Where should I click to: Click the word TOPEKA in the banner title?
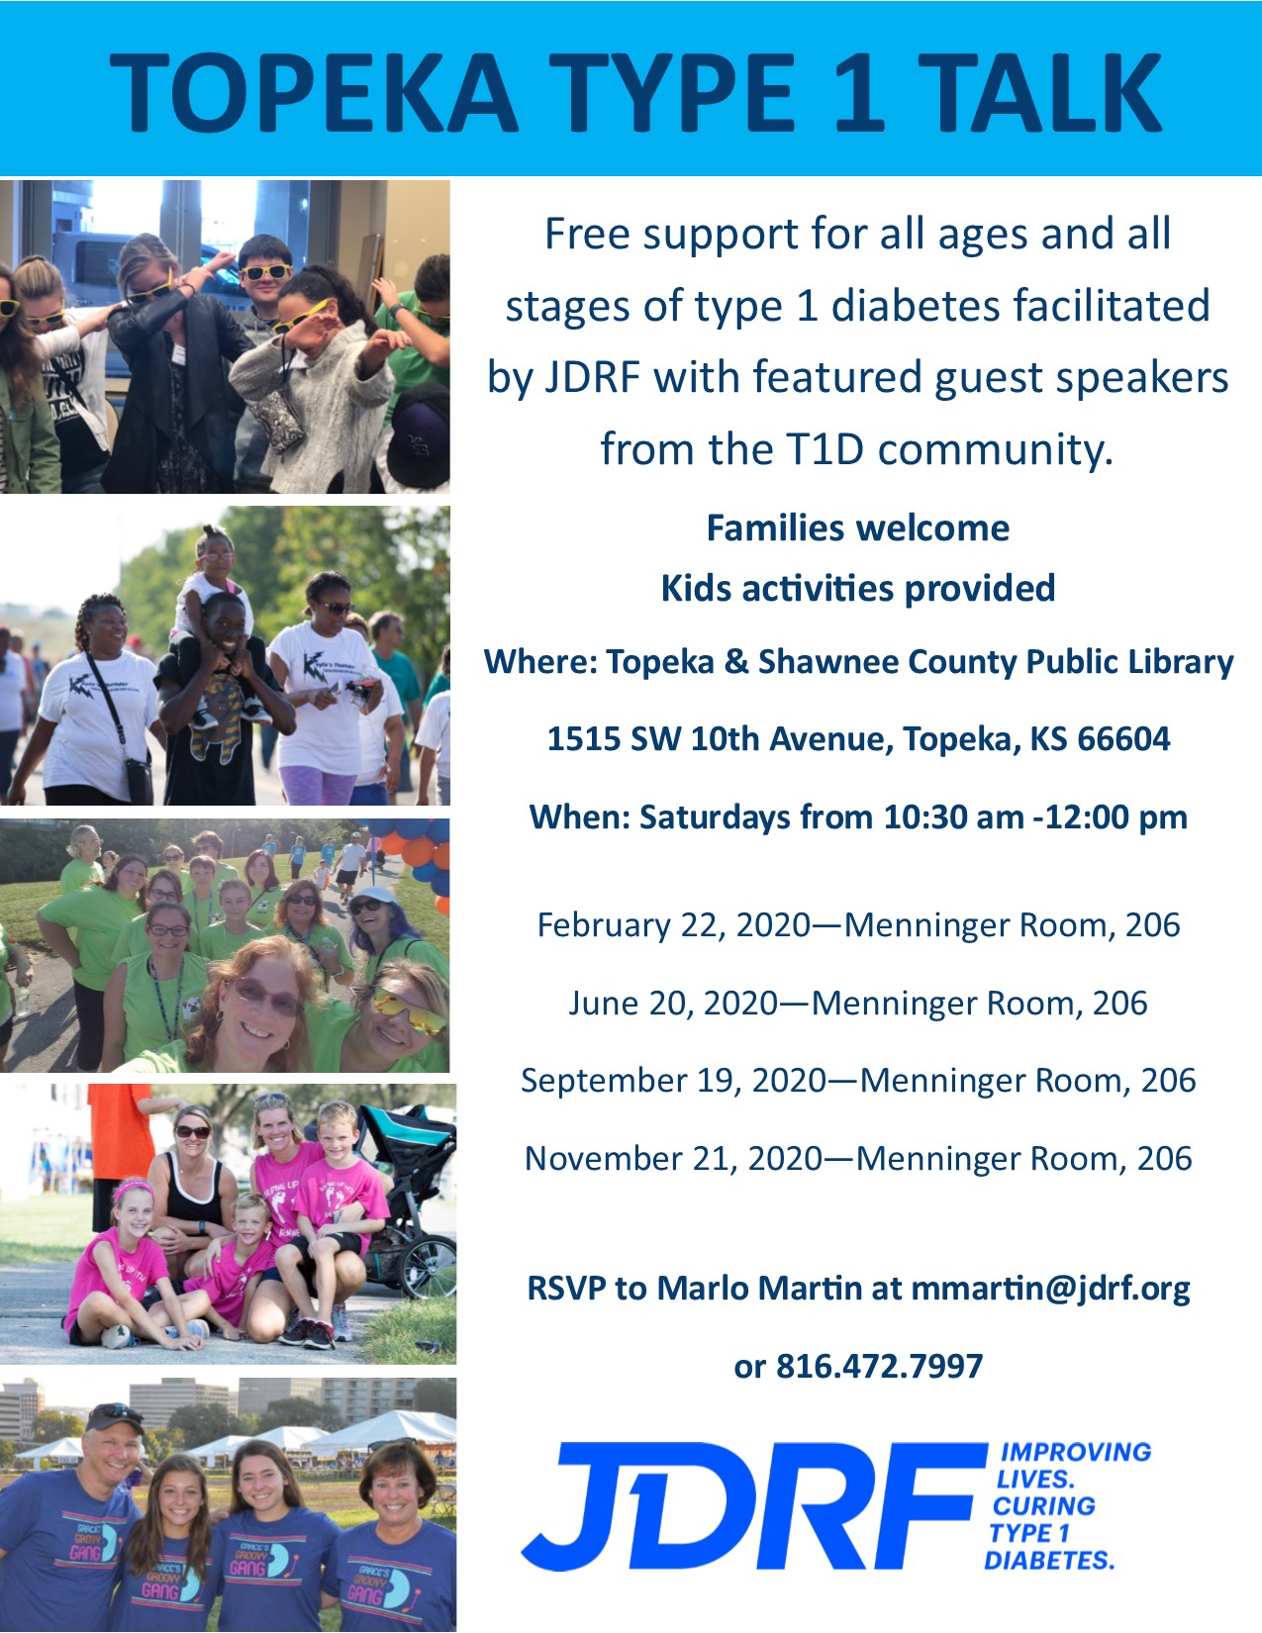point(314,92)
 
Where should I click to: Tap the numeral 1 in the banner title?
point(855,92)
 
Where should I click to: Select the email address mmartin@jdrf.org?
point(1050,1288)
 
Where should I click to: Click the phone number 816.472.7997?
point(879,1366)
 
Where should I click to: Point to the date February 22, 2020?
point(673,925)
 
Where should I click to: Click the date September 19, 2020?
point(673,1081)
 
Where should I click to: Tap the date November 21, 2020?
point(673,1158)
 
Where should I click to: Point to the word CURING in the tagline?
point(1043,1506)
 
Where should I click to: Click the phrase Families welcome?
point(857,528)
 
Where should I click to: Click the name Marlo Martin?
point(760,1288)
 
